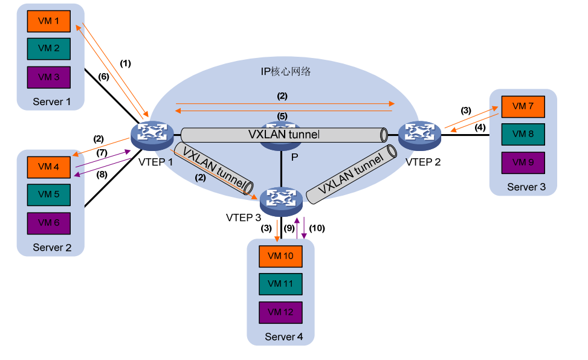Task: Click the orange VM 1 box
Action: [x=49, y=21]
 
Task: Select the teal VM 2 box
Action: [x=49, y=48]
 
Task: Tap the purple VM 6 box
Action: [x=49, y=222]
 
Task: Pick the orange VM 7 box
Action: [x=523, y=106]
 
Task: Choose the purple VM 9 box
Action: [x=523, y=162]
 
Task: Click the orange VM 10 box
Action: [x=280, y=256]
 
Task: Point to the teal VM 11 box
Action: [x=280, y=284]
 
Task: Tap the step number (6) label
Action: [x=104, y=76]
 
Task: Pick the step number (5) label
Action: [x=282, y=115]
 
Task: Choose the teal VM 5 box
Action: [x=49, y=194]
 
